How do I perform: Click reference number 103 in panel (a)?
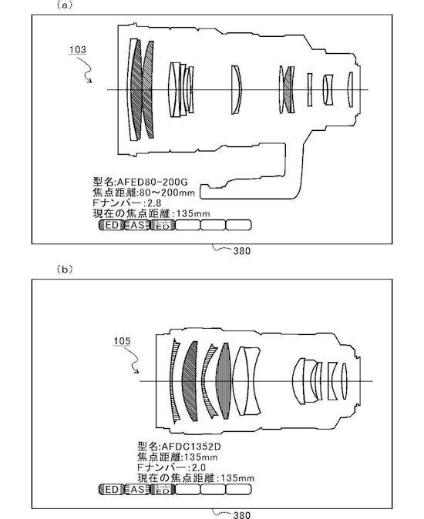tap(78, 50)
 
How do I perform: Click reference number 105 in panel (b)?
tap(122, 341)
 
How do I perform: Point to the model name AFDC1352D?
tap(190, 447)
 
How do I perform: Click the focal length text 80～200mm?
tap(167, 193)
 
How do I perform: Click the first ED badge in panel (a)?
tap(111, 225)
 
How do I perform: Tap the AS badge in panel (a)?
tap(137, 225)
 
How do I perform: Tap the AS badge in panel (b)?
tap(137, 490)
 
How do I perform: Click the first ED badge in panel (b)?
tap(111, 490)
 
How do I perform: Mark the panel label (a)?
tap(65, 5)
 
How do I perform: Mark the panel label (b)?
tap(65, 270)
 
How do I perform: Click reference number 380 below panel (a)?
tap(242, 251)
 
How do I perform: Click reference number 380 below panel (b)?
tap(242, 515)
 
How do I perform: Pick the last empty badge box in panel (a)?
tap(238, 225)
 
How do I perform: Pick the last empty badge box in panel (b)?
tap(238, 490)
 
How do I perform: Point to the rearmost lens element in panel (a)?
tap(351, 89)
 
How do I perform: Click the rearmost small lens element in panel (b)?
tap(344, 381)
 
